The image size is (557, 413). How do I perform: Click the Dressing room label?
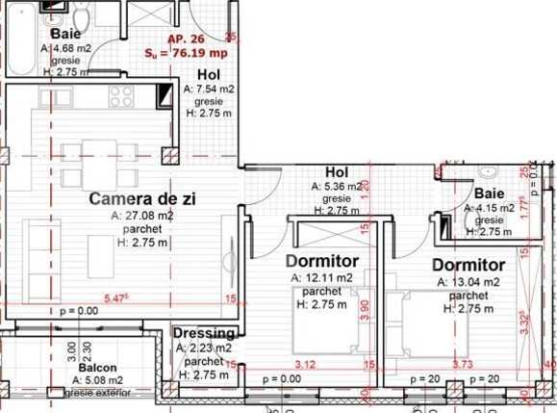203,333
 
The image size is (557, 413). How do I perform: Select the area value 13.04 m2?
468,282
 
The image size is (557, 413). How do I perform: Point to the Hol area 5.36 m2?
337,187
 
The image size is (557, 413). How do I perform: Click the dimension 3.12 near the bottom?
305,364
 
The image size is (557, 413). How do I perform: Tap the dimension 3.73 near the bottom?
462,364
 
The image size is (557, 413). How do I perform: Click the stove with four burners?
121,94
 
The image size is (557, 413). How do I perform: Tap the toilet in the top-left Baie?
83,18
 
